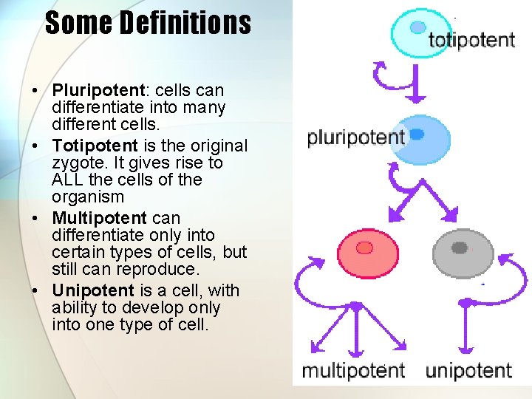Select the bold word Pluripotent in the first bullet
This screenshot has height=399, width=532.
tap(97, 90)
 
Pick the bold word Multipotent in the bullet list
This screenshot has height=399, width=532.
tap(99, 218)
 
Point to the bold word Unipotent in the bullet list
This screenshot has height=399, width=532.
tap(92, 290)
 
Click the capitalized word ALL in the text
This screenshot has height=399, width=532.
tap(68, 180)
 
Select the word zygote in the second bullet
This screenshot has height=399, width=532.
tap(76, 163)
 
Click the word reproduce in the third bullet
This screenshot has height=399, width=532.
tap(160, 269)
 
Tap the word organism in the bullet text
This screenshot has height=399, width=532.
tap(87, 197)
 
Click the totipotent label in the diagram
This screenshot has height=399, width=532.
tap(471, 39)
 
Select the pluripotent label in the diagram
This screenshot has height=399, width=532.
tap(355, 137)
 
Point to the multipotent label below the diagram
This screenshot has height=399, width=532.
tap(353, 369)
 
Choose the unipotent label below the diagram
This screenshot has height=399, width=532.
tap(468, 369)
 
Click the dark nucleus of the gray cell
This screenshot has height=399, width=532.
tap(460, 248)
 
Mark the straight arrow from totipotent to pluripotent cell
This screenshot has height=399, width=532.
tap(416, 83)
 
